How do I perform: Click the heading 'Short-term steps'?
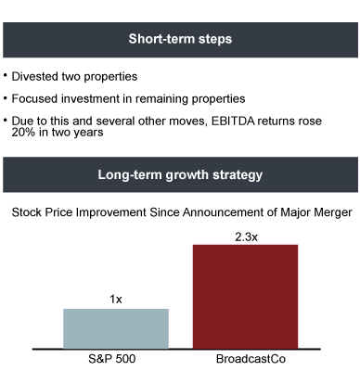coord(180,39)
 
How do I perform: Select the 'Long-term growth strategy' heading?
coord(180,175)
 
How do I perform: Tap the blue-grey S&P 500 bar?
coord(116,328)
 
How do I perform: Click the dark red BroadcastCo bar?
coord(245,297)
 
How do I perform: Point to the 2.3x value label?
coord(246,237)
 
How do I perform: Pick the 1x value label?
coord(116,300)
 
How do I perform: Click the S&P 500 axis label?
coord(112,359)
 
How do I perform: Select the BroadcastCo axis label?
coord(251,359)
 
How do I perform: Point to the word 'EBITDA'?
coord(233,121)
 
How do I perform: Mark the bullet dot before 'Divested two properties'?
coord(6,74)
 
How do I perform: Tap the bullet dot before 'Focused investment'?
coord(6,96)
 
